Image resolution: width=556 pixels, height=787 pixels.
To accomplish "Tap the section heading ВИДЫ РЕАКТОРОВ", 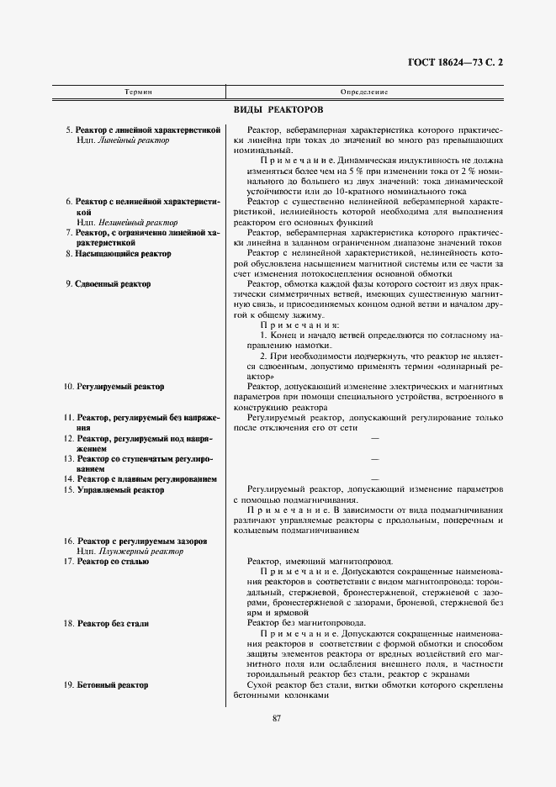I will tap(278, 110).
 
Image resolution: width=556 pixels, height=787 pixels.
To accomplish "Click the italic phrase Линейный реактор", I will tap(134, 140).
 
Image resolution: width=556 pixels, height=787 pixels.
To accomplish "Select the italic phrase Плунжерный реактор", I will tap(140, 551).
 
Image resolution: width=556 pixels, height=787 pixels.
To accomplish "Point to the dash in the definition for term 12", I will tap(374, 438).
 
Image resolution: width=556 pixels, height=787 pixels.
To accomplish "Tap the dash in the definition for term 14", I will tap(374, 479).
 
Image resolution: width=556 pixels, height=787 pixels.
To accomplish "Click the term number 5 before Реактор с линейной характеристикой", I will tap(69, 130).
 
